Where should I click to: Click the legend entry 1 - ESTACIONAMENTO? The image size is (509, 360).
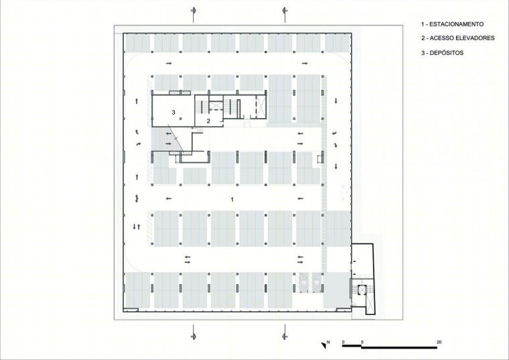[452, 24]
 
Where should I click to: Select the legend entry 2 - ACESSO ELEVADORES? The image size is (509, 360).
[458, 38]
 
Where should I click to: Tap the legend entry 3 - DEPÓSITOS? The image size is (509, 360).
[443, 53]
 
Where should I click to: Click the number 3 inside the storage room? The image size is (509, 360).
[173, 112]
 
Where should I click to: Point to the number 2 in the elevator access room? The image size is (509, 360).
[209, 121]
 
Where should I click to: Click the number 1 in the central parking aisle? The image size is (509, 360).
[232, 199]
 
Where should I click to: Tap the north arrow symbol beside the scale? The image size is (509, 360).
[323, 345]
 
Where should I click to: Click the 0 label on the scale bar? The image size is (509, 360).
[344, 342]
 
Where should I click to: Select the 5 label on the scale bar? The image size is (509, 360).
[362, 342]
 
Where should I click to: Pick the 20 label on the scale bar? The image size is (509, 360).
[439, 342]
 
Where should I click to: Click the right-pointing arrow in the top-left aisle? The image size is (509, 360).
[169, 63]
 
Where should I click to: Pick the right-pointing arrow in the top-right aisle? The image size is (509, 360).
[305, 63]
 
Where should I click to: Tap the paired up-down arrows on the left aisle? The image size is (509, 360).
[137, 227]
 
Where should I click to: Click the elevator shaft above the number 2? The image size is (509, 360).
[215, 105]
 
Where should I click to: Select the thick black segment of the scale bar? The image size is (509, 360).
[352, 347]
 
